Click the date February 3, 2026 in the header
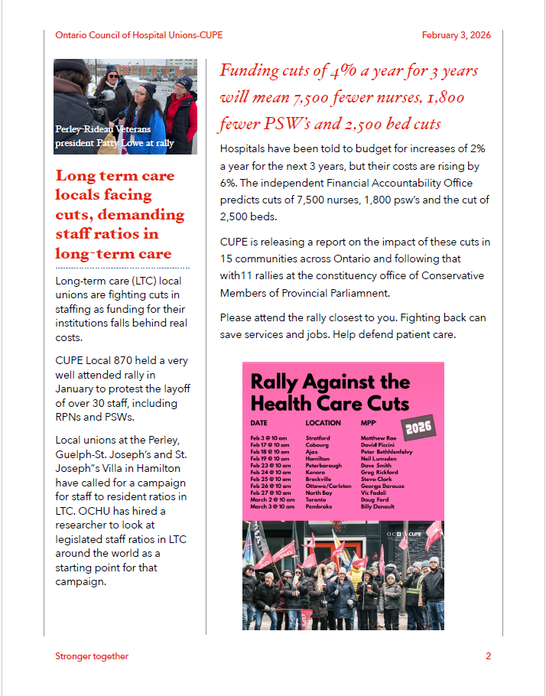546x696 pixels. point(456,35)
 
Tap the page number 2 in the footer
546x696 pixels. point(488,656)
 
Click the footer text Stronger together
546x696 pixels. point(92,656)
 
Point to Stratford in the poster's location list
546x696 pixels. point(317,437)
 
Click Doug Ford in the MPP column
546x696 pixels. point(375,499)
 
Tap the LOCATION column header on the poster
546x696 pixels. point(323,422)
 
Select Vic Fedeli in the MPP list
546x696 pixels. point(374,493)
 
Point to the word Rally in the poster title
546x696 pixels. point(275,382)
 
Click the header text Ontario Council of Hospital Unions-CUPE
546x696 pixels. point(139,35)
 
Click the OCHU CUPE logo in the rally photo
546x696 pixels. point(404,533)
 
